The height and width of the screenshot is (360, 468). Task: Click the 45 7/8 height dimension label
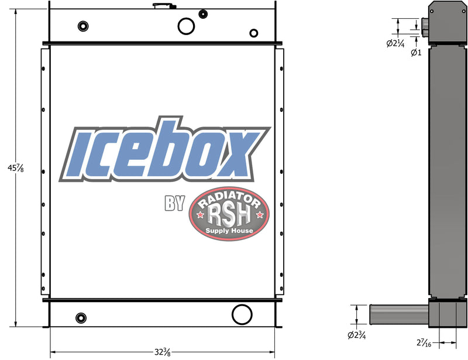click(x=9, y=169)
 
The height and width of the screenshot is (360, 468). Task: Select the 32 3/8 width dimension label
click(x=163, y=352)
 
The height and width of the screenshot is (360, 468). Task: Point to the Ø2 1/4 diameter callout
click(x=397, y=43)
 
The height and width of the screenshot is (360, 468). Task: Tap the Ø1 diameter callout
click(x=416, y=52)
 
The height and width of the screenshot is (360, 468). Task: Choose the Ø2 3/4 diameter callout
click(x=357, y=335)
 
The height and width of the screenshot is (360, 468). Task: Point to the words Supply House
click(x=229, y=232)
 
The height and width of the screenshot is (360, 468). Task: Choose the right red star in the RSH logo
click(x=260, y=217)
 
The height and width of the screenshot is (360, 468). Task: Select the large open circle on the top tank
click(x=187, y=26)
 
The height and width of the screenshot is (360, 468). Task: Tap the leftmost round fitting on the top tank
click(x=82, y=26)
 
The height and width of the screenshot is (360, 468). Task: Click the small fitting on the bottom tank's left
click(x=81, y=318)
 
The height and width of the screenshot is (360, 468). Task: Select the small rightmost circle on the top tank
click(x=254, y=33)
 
